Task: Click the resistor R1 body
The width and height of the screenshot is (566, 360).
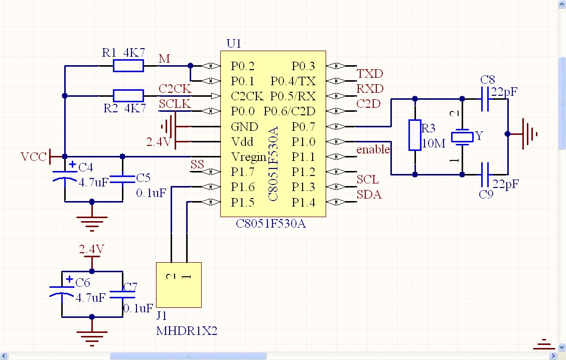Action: pos(128,66)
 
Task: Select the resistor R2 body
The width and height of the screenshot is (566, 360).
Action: pos(128,96)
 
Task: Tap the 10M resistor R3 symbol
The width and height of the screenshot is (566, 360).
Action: pos(414,135)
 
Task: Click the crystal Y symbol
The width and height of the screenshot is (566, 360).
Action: pos(462,136)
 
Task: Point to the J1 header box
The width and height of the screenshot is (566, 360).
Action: pos(179,285)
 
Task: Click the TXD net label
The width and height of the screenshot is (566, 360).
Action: pos(370,74)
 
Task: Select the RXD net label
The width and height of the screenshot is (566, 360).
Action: pos(370,89)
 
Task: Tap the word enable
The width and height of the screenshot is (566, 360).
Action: pos(373,149)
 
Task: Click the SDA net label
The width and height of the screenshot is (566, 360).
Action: pos(369,195)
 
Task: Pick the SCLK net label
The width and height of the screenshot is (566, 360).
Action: pos(175,104)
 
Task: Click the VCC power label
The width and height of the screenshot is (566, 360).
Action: pos(34,157)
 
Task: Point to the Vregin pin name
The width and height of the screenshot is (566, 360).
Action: pos(248,157)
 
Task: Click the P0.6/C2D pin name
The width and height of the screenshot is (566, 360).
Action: pos(295,111)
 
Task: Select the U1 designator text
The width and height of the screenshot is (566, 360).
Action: pos(234,44)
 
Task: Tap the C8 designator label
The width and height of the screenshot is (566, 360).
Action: pos(487,80)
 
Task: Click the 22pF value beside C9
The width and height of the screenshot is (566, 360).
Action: pos(504,184)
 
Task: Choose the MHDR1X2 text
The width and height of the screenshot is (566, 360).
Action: pos(187,331)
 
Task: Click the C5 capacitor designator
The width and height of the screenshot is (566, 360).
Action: pos(143,177)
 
